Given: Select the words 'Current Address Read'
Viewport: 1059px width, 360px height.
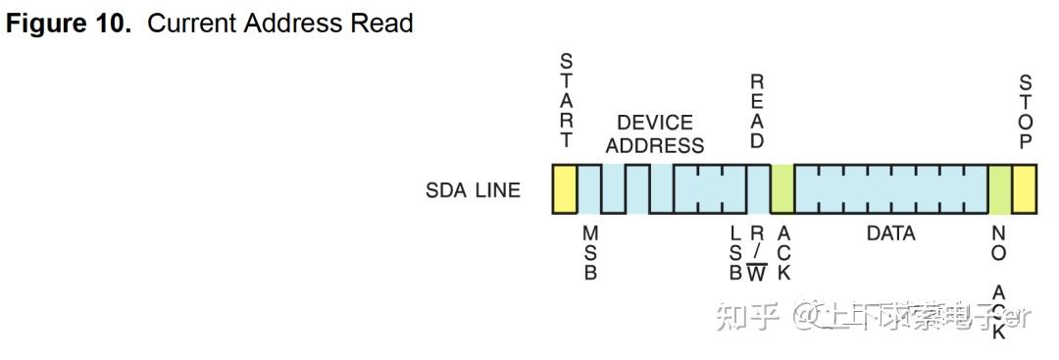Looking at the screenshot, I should tap(280, 23).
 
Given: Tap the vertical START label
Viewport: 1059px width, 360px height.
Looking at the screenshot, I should tap(567, 101).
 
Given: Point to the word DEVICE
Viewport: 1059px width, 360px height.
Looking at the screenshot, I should tap(654, 123).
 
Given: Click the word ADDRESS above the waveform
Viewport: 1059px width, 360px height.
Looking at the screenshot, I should tap(654, 145).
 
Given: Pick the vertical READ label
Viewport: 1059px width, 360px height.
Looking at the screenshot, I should tap(757, 111).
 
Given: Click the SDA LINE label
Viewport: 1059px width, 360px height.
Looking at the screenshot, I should tap(473, 190).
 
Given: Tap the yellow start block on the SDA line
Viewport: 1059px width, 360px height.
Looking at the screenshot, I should tap(564, 188).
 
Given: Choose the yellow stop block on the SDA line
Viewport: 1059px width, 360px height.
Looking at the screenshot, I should tap(1024, 188).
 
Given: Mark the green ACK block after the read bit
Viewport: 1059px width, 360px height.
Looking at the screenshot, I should tap(782, 188).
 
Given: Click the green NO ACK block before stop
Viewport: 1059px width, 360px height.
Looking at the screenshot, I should tap(999, 188).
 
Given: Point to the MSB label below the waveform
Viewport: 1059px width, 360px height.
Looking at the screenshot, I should tap(590, 253).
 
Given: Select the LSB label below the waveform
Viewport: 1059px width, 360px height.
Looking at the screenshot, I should tap(735, 253).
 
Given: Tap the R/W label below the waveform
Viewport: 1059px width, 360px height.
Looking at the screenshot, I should tap(757, 253).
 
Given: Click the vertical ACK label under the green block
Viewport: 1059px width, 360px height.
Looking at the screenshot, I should tap(782, 253).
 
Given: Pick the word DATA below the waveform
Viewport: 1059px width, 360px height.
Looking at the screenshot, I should tap(890, 233).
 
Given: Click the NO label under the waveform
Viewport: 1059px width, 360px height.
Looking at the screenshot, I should tap(999, 243).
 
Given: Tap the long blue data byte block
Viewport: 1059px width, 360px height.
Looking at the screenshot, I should tap(890, 188).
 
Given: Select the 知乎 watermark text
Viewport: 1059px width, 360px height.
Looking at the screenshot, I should tap(748, 316).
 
